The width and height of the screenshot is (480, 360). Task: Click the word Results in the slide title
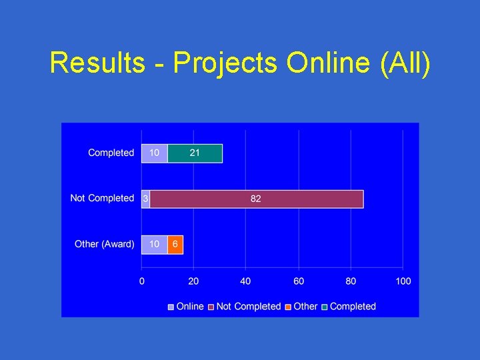(97, 63)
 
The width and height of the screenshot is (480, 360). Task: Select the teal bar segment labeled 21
(195, 153)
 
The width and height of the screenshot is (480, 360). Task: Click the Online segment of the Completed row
(154, 153)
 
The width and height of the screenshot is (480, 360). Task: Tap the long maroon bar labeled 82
(257, 199)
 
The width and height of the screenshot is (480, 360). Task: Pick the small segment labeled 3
(145, 199)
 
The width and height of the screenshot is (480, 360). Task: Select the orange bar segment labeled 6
(175, 244)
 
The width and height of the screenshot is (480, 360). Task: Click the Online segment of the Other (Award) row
(154, 244)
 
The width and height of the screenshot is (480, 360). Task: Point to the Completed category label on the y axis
(111, 153)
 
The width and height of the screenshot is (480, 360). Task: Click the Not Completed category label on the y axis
(102, 199)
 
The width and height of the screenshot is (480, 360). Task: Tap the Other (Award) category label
(104, 244)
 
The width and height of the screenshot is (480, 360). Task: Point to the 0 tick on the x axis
(142, 281)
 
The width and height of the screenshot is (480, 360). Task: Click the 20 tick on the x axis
(193, 281)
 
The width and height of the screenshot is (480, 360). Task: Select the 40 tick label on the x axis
(246, 281)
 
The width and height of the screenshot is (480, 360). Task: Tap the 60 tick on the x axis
(298, 281)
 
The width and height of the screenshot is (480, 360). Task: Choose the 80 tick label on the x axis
(351, 281)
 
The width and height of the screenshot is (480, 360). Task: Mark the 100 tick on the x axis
(403, 281)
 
